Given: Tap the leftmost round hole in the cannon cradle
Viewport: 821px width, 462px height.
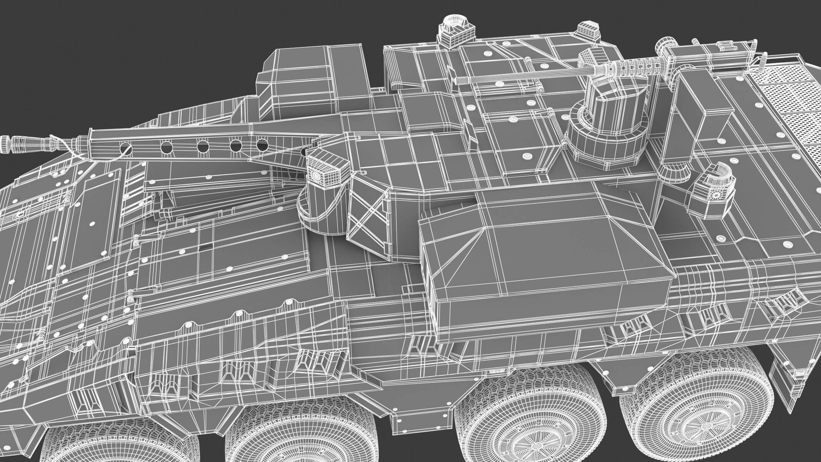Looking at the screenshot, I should coord(125,147).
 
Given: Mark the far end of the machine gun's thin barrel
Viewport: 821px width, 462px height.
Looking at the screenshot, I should coord(456,80).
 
